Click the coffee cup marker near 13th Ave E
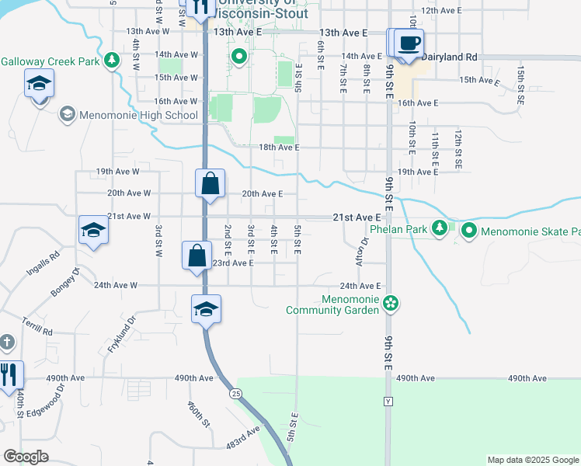click(409, 43)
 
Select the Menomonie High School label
click(137, 116)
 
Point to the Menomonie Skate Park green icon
click(469, 231)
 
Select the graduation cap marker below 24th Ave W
click(207, 309)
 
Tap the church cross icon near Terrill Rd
click(6, 342)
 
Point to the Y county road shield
click(388, 402)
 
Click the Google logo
click(26, 456)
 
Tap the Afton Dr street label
click(360, 252)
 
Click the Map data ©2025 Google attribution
click(532, 460)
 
